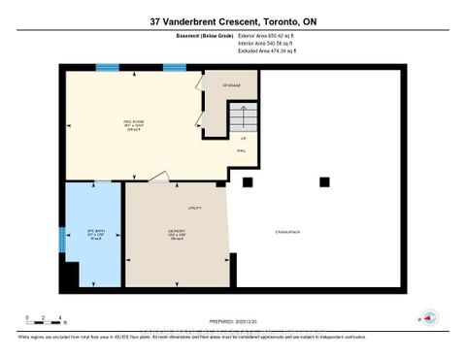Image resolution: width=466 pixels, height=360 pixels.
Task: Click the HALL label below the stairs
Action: point(241,150)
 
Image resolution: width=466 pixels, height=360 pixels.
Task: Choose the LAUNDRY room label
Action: point(176,233)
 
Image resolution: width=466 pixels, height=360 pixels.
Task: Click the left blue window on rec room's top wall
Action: point(107,67)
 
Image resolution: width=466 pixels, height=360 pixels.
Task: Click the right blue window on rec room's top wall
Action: point(174,67)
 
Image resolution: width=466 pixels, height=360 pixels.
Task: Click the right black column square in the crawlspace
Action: point(321,181)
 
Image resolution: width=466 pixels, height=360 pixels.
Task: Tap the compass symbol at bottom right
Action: point(430,316)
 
